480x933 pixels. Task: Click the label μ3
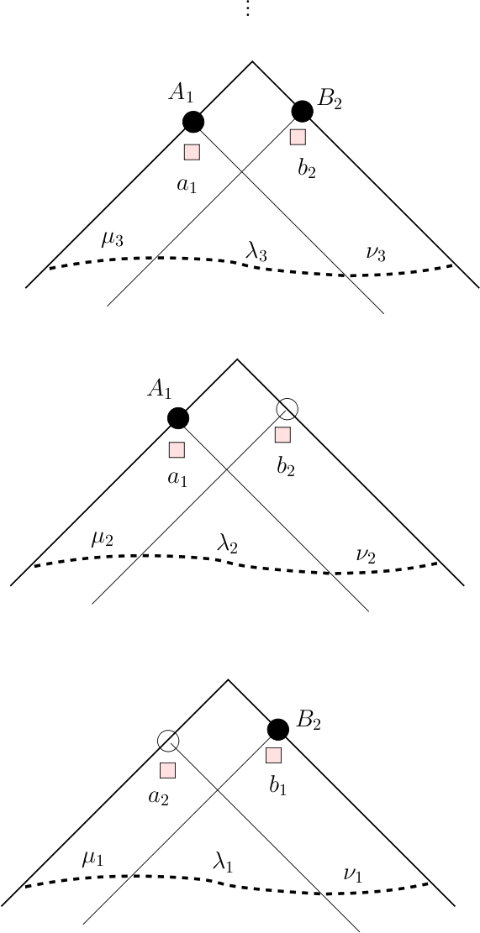[x=113, y=240]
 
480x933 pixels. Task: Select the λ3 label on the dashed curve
[x=256, y=252]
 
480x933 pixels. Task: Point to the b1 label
[x=278, y=786]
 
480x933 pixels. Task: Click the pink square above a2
[x=168, y=771]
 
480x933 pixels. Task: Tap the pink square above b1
[x=273, y=755]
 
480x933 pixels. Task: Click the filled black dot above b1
[x=278, y=729]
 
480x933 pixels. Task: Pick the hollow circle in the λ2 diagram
[x=287, y=408]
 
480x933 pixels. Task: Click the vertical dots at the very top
[x=248, y=8]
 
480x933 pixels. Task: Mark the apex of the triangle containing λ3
[x=252, y=60]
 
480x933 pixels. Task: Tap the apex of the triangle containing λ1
[x=228, y=679]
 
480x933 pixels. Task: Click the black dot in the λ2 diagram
[x=177, y=418]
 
